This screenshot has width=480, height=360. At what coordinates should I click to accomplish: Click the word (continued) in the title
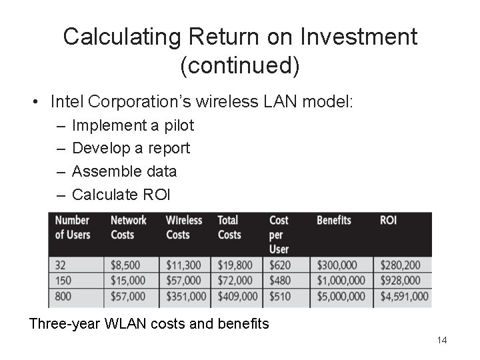tap(240, 65)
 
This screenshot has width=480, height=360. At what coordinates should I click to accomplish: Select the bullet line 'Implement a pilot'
tap(133, 125)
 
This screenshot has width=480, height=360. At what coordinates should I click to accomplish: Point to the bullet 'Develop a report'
tap(131, 148)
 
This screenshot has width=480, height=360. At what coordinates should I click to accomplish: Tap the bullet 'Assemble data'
tap(124, 171)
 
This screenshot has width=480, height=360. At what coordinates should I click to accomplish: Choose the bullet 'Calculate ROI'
tap(121, 195)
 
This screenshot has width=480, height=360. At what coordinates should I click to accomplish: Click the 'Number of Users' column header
tap(73, 227)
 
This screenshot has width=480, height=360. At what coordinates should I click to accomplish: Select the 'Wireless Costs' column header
tap(184, 227)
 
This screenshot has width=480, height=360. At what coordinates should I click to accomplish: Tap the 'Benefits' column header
tap(334, 220)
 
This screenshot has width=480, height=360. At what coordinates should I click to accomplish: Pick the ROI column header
tap(388, 220)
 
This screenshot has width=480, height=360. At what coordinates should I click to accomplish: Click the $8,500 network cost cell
tap(125, 265)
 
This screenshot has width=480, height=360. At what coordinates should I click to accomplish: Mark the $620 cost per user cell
tap(280, 265)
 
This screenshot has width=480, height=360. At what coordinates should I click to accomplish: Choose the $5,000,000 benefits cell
tap(341, 295)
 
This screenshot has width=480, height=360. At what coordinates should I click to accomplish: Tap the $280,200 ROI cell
tap(400, 265)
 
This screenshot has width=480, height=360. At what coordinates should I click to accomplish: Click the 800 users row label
tap(63, 295)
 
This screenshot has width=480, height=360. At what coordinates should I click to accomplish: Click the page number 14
tap(441, 341)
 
